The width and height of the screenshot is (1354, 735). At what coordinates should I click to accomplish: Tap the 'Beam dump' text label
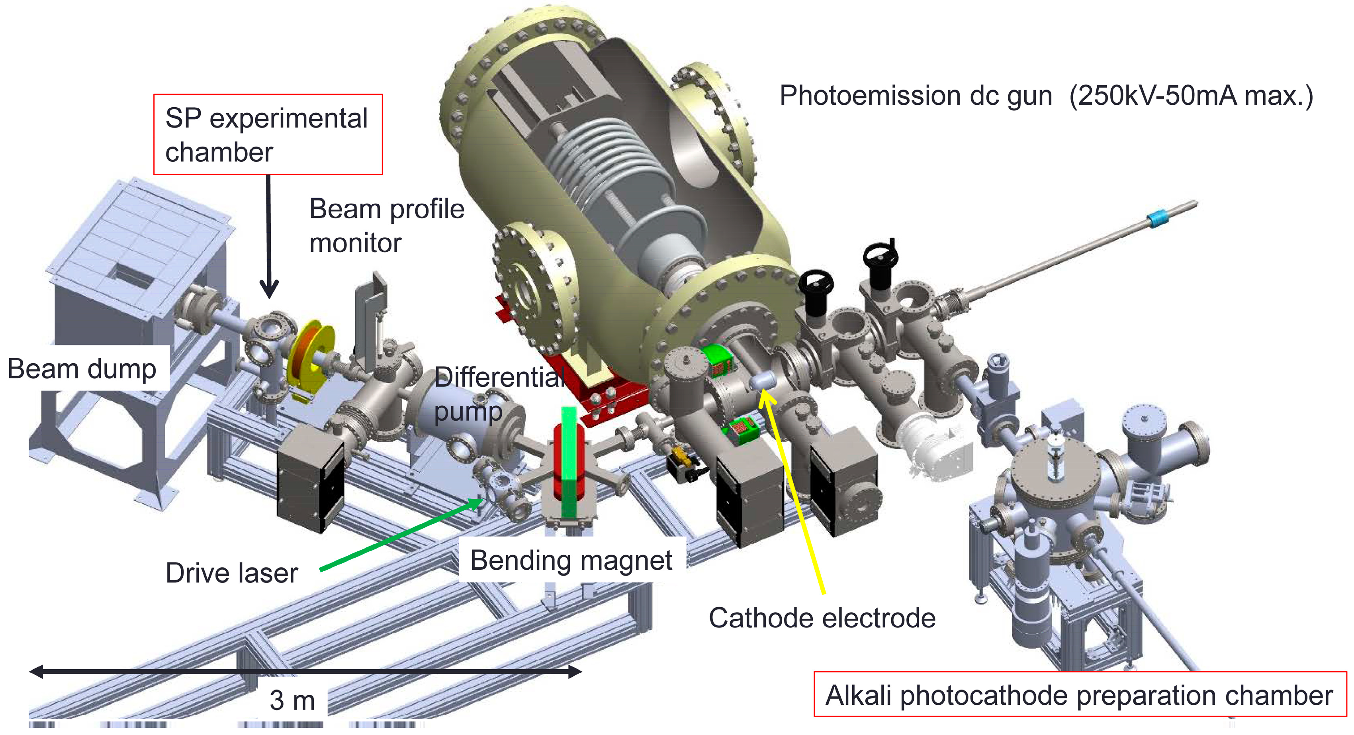[82, 368]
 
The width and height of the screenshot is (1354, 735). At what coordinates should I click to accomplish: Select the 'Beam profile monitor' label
[386, 225]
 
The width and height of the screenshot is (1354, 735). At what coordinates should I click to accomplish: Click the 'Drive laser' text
[231, 573]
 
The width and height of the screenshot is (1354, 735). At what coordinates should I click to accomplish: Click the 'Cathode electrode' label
[822, 618]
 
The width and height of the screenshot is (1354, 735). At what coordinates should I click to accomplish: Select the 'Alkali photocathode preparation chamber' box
[1079, 695]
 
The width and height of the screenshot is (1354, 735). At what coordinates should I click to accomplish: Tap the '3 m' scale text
[292, 701]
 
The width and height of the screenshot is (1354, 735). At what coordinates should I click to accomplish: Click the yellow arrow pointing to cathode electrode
[794, 494]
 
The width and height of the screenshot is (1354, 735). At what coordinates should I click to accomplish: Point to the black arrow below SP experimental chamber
[268, 237]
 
